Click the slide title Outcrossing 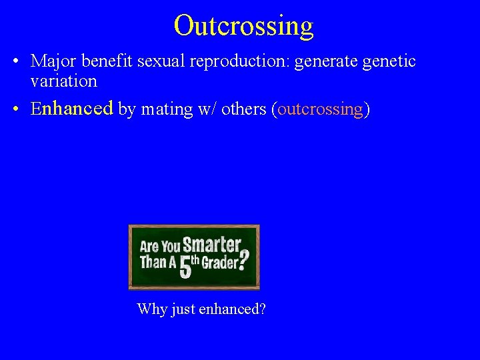243,25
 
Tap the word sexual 158,61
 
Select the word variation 63,81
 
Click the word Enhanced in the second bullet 72,109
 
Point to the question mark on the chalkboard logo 245,258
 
